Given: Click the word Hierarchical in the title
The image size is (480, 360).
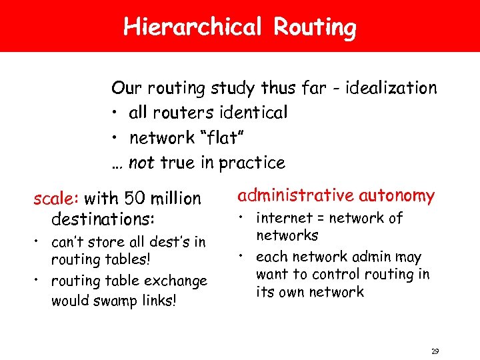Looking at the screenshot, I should [x=191, y=27].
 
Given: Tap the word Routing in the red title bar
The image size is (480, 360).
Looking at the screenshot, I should [x=315, y=27].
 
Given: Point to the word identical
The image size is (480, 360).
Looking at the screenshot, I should [x=252, y=113].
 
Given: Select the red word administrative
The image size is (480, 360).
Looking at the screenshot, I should [x=296, y=196].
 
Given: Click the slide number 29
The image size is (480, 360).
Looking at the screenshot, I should [x=435, y=351].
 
